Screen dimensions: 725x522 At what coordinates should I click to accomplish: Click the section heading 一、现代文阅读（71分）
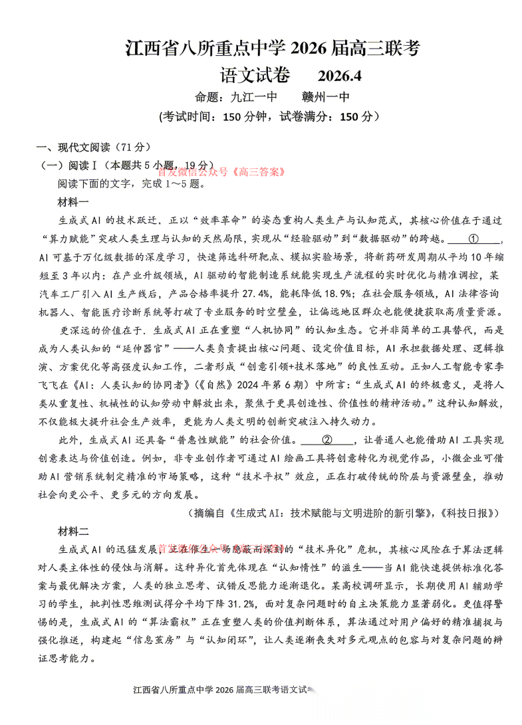pos(94,147)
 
